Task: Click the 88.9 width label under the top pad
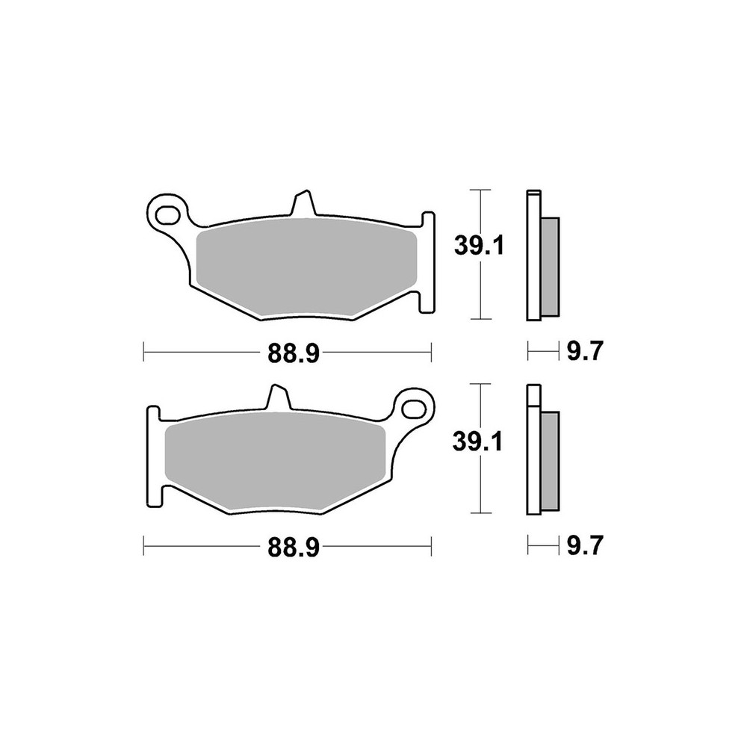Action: point(293,353)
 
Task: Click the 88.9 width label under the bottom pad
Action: point(293,548)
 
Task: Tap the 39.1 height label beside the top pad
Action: point(478,246)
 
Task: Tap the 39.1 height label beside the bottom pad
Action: point(477,442)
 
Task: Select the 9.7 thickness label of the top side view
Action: point(585,352)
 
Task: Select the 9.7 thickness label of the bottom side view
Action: point(585,546)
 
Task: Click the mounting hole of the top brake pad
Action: point(167,214)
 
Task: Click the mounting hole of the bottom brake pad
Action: point(414,409)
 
